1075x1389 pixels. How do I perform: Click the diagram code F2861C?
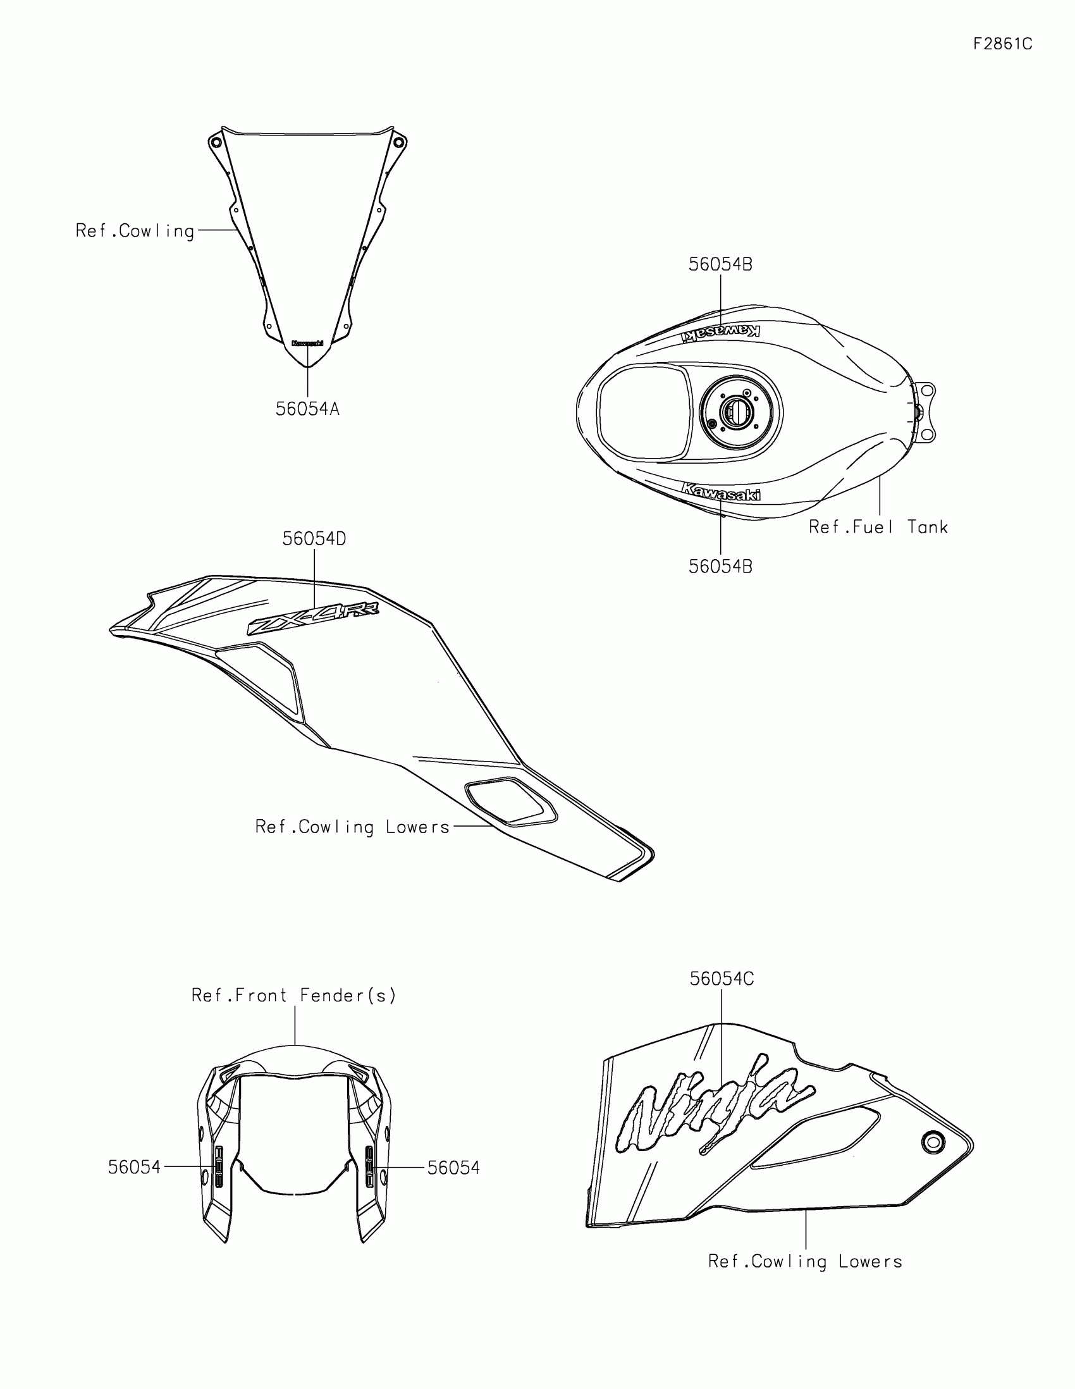point(1002,44)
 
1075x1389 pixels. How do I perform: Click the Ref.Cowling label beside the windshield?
point(135,230)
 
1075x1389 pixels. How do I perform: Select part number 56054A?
point(308,409)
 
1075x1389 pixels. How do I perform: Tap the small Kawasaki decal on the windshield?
point(308,343)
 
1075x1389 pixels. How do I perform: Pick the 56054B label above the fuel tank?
point(720,264)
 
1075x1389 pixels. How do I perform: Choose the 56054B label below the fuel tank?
point(720,567)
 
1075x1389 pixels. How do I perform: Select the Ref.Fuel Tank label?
point(878,528)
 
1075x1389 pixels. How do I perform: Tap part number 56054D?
point(314,540)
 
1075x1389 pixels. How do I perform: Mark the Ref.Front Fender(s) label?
point(293,996)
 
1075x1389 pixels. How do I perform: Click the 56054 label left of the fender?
point(134,1168)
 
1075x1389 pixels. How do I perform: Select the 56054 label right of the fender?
point(453,1168)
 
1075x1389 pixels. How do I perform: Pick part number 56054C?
point(722,978)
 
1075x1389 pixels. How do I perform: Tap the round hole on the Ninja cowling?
point(933,1142)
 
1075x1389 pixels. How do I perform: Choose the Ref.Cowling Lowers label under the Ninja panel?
point(805,1261)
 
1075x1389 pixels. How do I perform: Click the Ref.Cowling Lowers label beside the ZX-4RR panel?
point(352,827)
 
